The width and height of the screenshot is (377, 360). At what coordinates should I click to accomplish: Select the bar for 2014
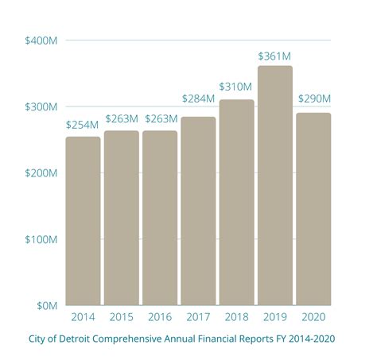83,221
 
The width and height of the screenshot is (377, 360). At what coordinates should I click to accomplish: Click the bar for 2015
121,218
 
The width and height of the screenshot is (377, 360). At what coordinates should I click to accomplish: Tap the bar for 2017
198,211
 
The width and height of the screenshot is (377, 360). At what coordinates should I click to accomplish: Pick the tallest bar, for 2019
275,185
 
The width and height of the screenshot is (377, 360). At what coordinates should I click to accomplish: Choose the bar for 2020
313,209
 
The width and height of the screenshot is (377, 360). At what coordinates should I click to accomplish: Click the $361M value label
275,56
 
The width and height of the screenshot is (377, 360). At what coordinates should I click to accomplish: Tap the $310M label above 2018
236,86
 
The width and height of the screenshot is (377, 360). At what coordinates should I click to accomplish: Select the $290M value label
314,99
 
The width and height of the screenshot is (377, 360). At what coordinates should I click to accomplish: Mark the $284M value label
198,99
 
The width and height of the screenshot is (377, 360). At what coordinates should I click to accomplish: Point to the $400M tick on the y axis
41,40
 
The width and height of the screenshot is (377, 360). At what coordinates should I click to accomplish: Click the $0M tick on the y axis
45,305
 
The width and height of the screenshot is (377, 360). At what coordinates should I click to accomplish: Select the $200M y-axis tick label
41,172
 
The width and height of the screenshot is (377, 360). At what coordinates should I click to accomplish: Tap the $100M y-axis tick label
41,239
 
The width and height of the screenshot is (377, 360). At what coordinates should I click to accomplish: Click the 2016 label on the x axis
160,317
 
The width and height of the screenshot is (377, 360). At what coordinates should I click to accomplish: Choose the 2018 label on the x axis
236,317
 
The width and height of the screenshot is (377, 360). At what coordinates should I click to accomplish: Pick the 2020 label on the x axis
313,317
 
